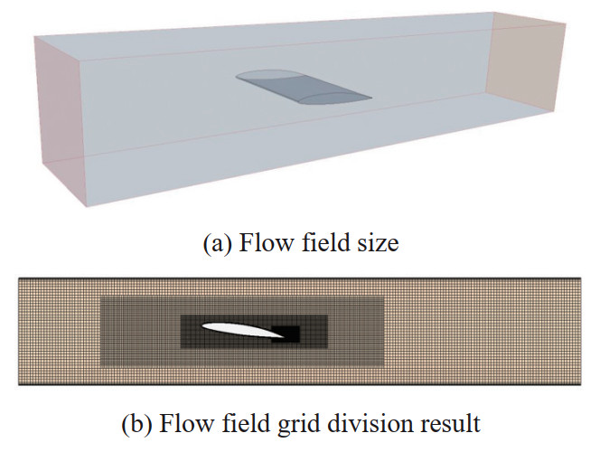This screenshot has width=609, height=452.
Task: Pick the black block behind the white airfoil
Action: [x=286, y=334]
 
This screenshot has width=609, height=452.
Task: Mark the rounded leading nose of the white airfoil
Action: [x=202, y=327]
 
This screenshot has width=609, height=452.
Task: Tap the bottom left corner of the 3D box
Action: [x=89, y=206]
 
